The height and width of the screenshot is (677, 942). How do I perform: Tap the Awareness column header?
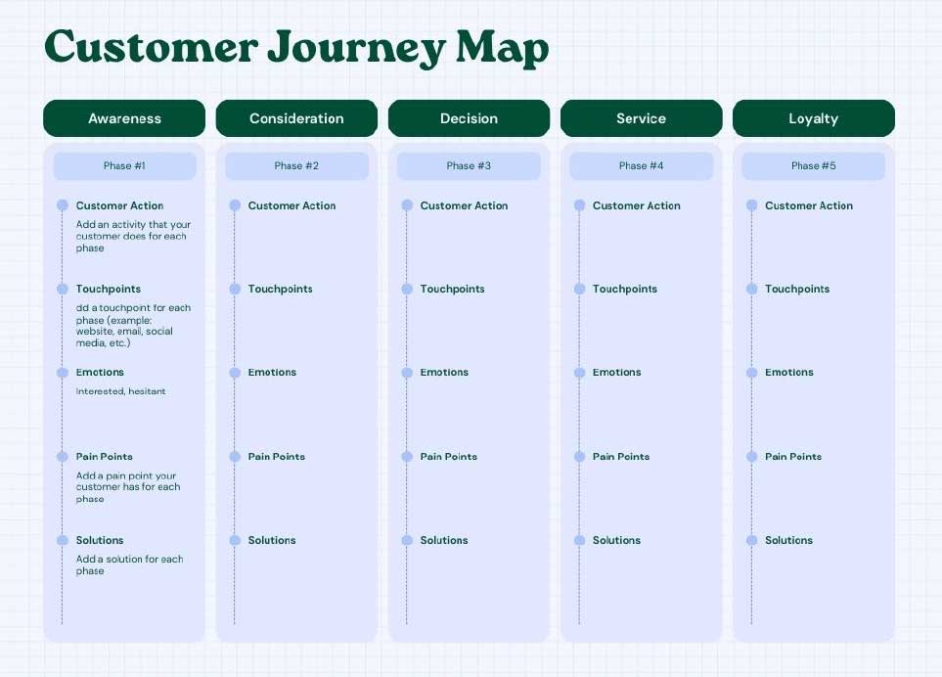pos(124,118)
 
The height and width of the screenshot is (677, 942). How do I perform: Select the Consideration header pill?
pos(296,118)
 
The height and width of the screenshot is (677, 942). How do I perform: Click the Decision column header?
pos(470,118)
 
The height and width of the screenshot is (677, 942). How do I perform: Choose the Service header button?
pos(641,118)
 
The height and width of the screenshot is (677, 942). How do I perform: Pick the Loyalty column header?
pos(814,118)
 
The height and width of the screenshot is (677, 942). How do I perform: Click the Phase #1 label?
pos(124,165)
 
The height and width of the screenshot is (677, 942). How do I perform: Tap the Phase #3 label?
pos(469,165)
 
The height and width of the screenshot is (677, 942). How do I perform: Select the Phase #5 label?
pos(814,165)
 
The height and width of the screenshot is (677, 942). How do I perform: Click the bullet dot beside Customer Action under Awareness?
pos(63,205)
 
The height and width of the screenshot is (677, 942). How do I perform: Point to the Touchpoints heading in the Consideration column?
pos(281,289)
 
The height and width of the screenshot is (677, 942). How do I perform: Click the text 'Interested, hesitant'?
pos(120,391)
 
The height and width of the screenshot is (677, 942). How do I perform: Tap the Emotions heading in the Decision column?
pos(444,373)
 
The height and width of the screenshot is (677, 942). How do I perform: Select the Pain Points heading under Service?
pos(621,457)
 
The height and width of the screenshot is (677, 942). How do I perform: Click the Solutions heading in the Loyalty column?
pos(788,540)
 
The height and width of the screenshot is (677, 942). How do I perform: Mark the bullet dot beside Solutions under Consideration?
pos(235,540)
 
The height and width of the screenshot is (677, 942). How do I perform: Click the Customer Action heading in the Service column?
pos(637,205)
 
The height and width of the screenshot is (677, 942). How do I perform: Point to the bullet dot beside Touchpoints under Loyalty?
pos(751,289)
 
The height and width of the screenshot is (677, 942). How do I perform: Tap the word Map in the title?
pos(503,47)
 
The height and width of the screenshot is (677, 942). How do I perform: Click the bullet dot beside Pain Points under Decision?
pos(407,457)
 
